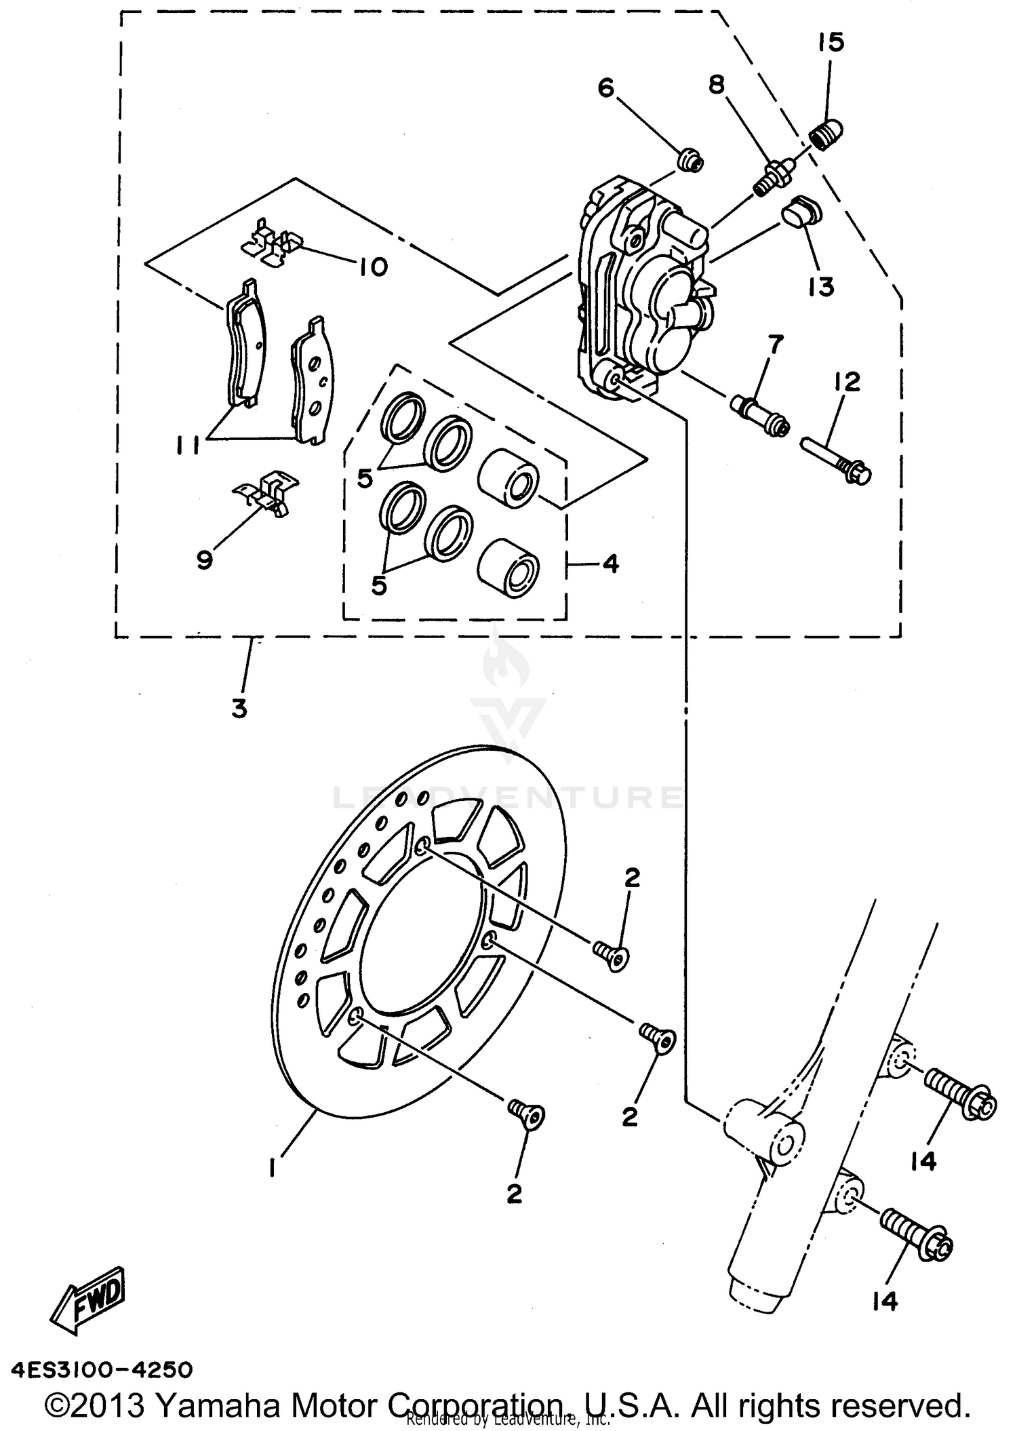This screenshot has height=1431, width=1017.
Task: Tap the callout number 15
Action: pos(831,42)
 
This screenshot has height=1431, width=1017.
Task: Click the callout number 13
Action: pos(821,286)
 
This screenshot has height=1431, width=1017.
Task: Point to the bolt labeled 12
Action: pos(837,462)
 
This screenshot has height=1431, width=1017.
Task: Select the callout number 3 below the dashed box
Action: pos(239,709)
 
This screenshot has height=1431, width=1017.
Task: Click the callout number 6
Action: pos(605,88)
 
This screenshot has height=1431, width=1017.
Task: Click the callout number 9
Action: pos(205,560)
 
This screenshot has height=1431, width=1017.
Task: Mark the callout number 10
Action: pos(372,267)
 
